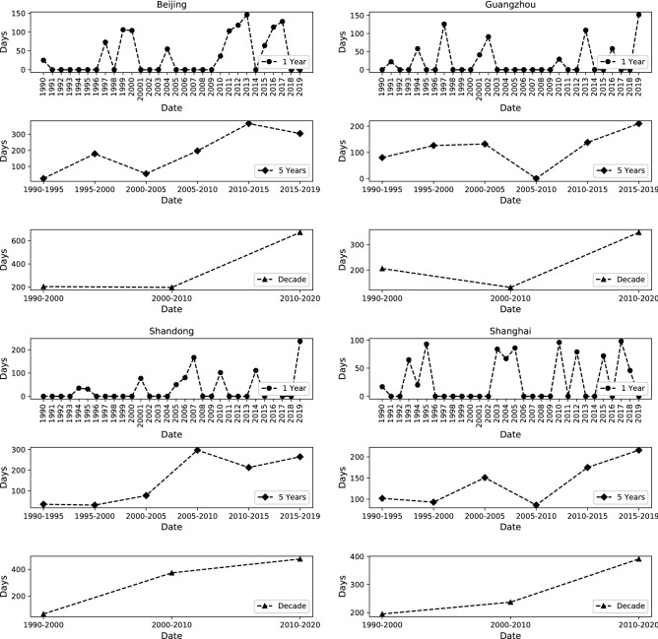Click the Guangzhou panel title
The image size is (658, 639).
(x=508, y=5)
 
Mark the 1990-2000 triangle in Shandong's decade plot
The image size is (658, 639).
(x=43, y=614)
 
